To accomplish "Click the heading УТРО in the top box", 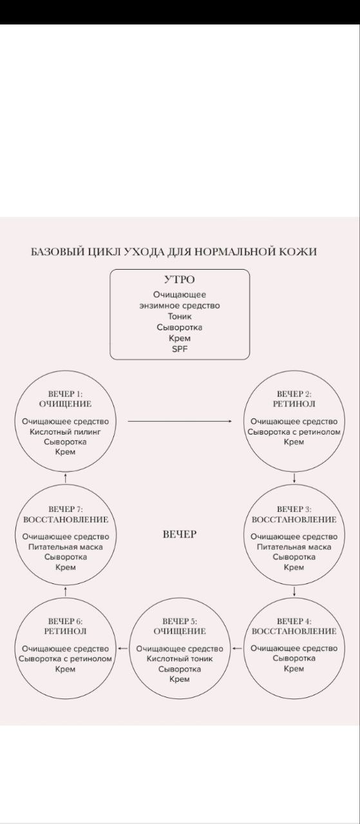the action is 179,279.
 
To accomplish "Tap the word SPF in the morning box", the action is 180,349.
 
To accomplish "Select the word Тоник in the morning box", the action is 180,316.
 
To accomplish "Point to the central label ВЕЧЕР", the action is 180,534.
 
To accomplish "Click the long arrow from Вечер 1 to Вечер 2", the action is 180,421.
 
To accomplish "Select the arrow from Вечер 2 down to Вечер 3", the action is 294,478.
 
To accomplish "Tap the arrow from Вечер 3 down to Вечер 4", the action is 294,592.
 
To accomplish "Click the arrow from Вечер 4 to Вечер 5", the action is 238,648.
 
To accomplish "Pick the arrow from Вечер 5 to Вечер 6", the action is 123,648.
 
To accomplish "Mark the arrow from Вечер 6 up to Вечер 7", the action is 66,592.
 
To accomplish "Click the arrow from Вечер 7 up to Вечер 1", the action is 66,478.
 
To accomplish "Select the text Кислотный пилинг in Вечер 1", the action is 65,432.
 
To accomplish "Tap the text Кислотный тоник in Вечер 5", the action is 180,659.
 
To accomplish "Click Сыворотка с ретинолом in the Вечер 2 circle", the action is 294,432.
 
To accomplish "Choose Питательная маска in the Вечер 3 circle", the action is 294,547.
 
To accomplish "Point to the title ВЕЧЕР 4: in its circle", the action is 294,621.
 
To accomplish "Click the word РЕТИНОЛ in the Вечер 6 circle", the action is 66,632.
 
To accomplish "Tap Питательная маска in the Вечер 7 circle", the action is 66,547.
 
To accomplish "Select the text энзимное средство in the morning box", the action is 180,306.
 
